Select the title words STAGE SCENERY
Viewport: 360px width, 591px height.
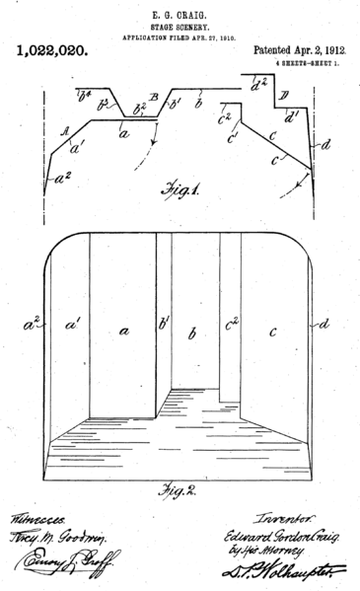[x=180, y=26]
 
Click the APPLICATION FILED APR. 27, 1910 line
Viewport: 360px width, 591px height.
[x=179, y=37]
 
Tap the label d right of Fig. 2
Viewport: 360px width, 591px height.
[x=325, y=322]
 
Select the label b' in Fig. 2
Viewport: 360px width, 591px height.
[x=164, y=323]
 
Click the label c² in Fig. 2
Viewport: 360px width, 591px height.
[x=231, y=322]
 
